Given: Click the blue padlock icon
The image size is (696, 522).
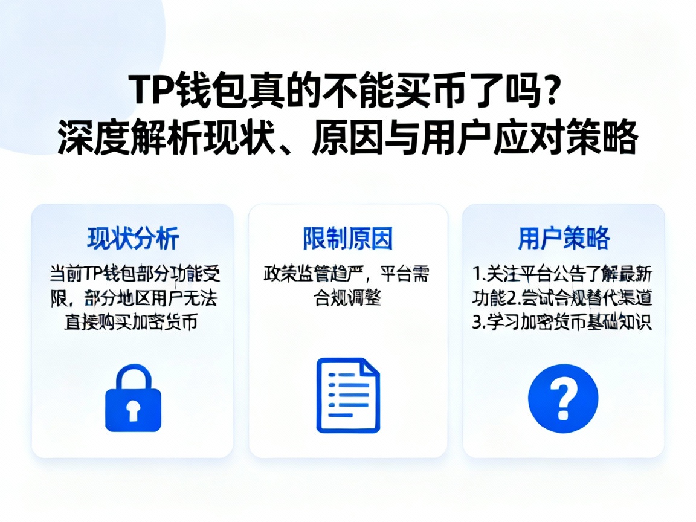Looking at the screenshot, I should coord(133,399).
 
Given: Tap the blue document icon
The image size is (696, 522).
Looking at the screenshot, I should coord(348,395).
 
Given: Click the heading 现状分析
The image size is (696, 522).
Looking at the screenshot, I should coord(133,239).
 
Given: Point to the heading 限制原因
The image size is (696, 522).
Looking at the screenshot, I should coord(348,239).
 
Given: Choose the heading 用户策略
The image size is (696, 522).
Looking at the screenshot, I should coord(563,239).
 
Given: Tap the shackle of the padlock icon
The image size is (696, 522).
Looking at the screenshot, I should coord(133,376).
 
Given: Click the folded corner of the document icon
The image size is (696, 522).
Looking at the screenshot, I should coord(369,369).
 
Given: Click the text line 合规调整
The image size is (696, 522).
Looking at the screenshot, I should coord(347,298).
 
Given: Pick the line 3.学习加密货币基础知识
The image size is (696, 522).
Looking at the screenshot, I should coord(562,322).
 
